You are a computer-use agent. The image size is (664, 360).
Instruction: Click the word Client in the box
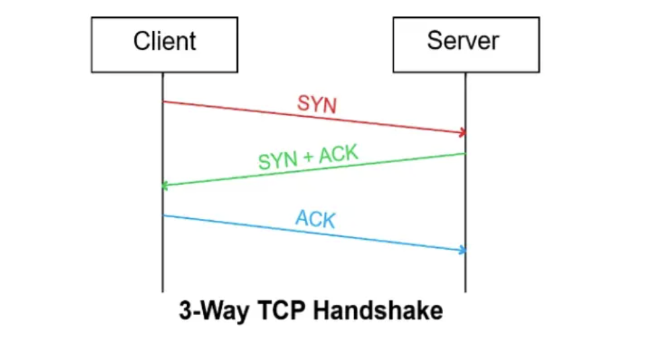(x=165, y=41)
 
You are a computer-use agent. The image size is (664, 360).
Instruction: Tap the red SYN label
(x=317, y=105)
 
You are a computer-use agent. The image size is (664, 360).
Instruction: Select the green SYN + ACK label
(x=308, y=156)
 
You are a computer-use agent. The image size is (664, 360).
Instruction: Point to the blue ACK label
(x=315, y=219)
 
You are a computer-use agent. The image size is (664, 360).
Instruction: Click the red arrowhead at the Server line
(x=463, y=133)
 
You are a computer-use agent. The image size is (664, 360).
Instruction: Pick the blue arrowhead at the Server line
(x=463, y=251)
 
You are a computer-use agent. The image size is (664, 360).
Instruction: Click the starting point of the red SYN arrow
(x=163, y=101)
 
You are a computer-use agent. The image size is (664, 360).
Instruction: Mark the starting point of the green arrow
(x=465, y=154)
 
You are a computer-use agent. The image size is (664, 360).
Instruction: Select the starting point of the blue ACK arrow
(x=163, y=216)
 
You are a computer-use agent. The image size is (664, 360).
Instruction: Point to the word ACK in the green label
(x=339, y=154)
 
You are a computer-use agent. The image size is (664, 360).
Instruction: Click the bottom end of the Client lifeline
(x=163, y=291)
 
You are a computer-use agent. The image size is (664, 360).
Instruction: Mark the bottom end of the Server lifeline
(x=465, y=291)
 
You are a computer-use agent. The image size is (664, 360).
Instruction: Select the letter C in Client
(x=140, y=41)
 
